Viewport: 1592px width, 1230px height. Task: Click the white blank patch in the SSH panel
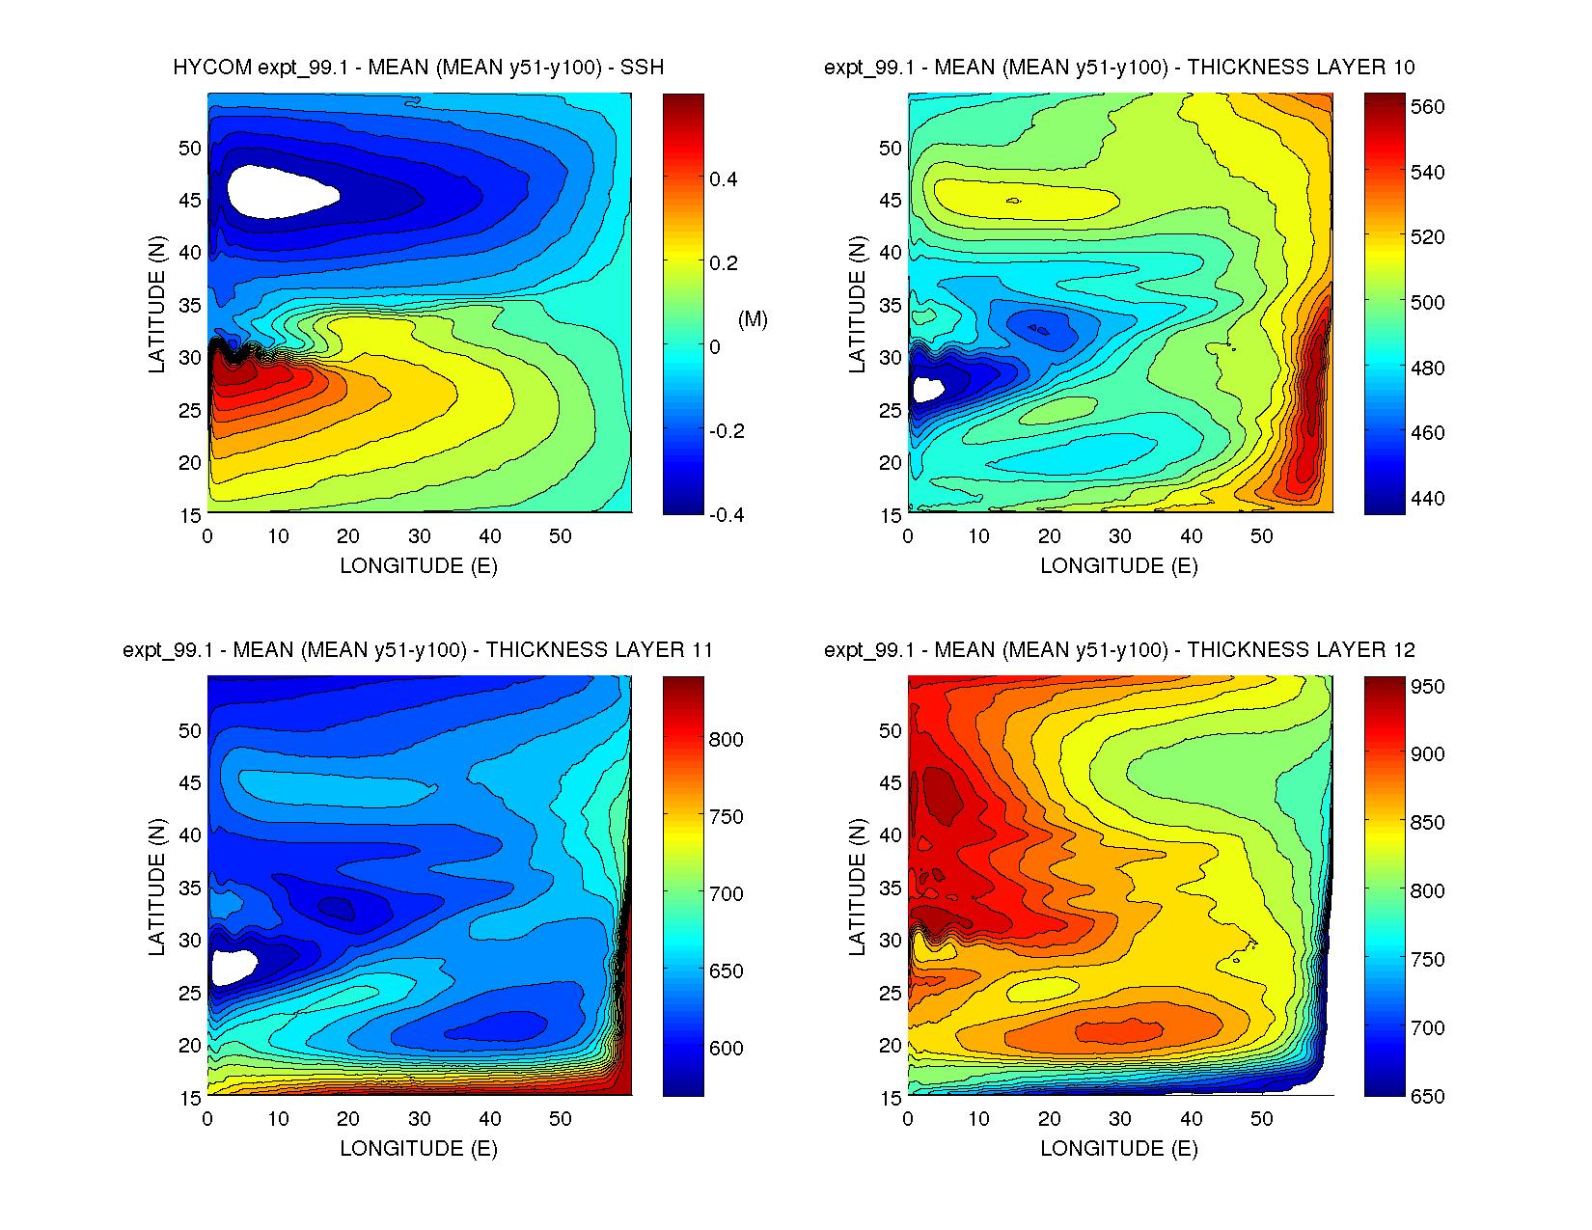[275, 191]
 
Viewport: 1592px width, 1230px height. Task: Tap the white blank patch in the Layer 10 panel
[926, 390]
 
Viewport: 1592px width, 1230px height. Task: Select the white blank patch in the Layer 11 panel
[233, 966]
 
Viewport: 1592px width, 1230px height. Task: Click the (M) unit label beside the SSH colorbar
[753, 319]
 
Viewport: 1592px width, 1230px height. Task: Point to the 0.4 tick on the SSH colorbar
[723, 179]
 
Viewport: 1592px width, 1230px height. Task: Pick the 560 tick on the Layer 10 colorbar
[1427, 107]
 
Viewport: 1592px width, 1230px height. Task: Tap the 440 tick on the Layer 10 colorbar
[1427, 499]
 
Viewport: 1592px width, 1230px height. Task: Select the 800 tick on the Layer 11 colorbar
[726, 740]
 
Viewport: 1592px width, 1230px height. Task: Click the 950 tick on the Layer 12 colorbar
[1427, 687]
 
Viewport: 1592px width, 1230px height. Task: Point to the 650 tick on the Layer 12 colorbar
[1427, 1096]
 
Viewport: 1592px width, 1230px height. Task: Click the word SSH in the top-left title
[642, 68]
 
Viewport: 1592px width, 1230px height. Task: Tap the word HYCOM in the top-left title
[212, 68]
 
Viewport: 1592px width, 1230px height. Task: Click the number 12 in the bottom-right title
[1403, 650]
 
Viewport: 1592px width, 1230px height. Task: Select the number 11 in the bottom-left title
[701, 650]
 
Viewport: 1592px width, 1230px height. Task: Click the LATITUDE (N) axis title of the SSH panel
[156, 304]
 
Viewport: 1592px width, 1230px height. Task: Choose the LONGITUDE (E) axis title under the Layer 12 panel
[1119, 1148]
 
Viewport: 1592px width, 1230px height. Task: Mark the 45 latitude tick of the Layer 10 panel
[890, 201]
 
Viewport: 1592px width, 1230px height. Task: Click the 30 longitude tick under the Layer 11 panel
[419, 1119]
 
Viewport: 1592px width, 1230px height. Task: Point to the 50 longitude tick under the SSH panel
[561, 536]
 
